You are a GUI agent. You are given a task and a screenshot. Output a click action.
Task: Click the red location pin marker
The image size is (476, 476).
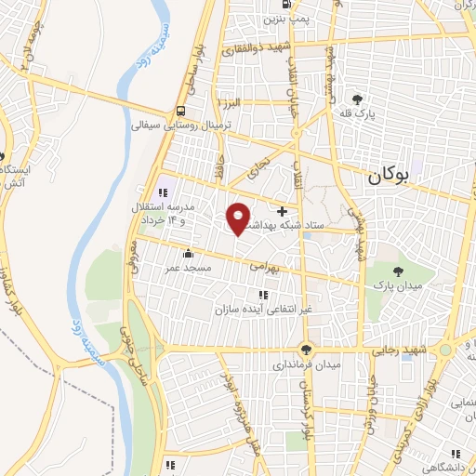[x=238, y=218]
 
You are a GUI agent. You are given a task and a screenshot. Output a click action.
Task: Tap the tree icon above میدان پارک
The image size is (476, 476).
[x=399, y=271]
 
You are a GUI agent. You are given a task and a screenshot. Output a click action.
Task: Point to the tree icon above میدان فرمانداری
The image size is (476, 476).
[x=307, y=350]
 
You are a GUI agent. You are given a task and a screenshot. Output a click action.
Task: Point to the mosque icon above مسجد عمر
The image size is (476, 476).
[x=189, y=253]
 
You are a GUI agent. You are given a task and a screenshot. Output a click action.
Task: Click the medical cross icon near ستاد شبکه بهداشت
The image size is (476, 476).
[x=282, y=210]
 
